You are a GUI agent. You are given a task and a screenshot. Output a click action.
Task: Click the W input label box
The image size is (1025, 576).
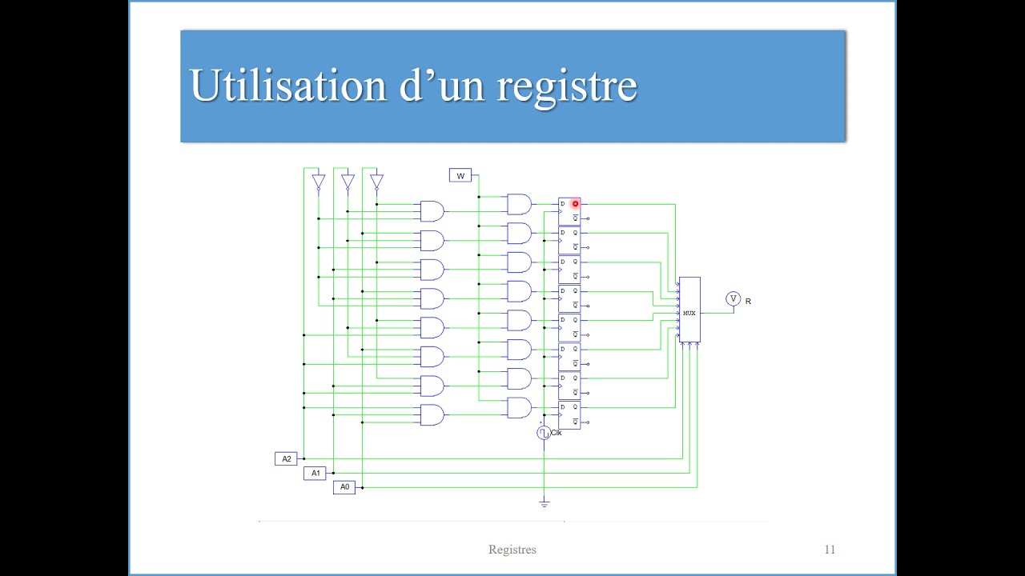[x=460, y=175]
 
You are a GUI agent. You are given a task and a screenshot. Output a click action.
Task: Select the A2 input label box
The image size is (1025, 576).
[x=286, y=458]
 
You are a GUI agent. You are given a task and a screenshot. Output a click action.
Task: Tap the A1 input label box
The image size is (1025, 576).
[x=316, y=473]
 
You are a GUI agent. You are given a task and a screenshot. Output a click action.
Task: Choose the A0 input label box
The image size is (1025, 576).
[x=344, y=486]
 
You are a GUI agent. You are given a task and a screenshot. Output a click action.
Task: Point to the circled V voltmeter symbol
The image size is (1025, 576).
[x=733, y=298]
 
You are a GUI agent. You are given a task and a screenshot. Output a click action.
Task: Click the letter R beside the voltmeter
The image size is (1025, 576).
[x=748, y=302]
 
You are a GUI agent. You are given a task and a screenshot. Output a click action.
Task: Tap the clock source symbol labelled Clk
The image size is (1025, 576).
[x=544, y=433]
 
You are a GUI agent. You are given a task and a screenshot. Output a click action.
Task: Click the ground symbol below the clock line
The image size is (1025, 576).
[x=545, y=503]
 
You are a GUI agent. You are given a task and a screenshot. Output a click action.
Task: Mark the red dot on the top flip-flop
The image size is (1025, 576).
[x=575, y=204]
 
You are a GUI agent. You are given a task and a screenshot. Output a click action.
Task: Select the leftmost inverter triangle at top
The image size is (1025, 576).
[x=318, y=182]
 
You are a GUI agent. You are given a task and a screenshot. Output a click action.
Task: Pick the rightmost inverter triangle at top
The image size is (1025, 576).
[x=376, y=182]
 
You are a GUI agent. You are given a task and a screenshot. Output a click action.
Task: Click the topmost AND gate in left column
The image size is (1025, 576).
[x=432, y=211]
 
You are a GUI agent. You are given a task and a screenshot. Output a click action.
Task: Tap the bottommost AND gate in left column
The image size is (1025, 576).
[x=432, y=414]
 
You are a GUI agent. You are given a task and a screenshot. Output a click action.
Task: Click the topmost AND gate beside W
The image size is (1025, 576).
[x=519, y=204]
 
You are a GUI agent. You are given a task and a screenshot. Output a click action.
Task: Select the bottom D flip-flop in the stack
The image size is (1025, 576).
[x=569, y=414]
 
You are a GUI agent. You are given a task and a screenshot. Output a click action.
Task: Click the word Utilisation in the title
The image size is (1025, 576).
[x=288, y=85]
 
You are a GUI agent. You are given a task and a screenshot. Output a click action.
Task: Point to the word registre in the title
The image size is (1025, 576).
[x=567, y=85]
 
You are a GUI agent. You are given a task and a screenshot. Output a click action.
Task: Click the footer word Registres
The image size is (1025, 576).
[x=512, y=550]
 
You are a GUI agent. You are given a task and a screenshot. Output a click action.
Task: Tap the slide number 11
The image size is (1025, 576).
[x=830, y=550]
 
